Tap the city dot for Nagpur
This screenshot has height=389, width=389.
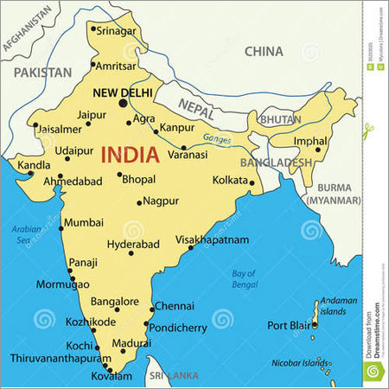click(x=138, y=203)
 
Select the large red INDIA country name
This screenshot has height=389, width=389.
click(x=130, y=156)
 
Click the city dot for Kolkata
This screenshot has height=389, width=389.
click(x=252, y=182)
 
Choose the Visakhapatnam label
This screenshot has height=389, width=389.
click(x=212, y=239)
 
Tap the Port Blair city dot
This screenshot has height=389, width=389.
click(x=315, y=325)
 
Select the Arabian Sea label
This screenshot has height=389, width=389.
click(x=26, y=233)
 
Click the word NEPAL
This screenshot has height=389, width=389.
click(x=196, y=105)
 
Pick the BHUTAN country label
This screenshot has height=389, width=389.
click(x=280, y=118)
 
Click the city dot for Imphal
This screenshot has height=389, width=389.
click(x=317, y=150)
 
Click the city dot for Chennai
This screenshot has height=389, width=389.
click(x=152, y=308)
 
